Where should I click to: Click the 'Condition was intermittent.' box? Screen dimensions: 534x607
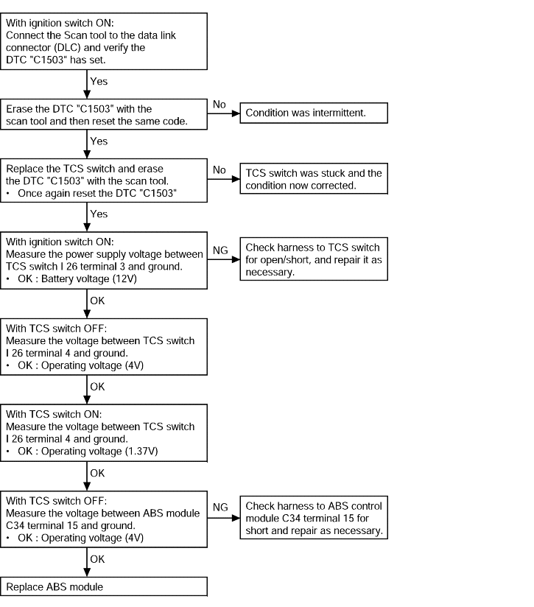point(314,113)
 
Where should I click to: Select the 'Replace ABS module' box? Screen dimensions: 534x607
point(104,587)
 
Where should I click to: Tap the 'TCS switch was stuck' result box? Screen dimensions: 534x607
point(314,179)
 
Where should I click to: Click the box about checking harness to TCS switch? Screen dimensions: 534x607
point(314,259)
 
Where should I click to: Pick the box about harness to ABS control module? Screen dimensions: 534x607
point(314,518)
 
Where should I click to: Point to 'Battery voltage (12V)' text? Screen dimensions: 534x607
point(89,278)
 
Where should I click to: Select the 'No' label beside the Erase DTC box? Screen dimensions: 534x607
point(219,104)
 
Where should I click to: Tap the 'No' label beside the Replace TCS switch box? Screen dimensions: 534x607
point(219,169)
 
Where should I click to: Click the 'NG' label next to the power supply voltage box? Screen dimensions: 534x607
point(220,250)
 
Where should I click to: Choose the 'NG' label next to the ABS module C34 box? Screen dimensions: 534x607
point(220,507)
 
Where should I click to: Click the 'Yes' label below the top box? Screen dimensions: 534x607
point(99,81)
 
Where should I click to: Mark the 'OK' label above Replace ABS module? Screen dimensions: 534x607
point(97,559)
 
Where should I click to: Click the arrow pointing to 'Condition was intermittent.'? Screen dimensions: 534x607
point(224,113)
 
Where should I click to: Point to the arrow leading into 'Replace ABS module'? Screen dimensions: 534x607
point(87,562)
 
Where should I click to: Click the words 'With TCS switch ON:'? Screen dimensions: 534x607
point(54,414)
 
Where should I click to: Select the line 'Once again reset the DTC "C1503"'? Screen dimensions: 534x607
point(97,193)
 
